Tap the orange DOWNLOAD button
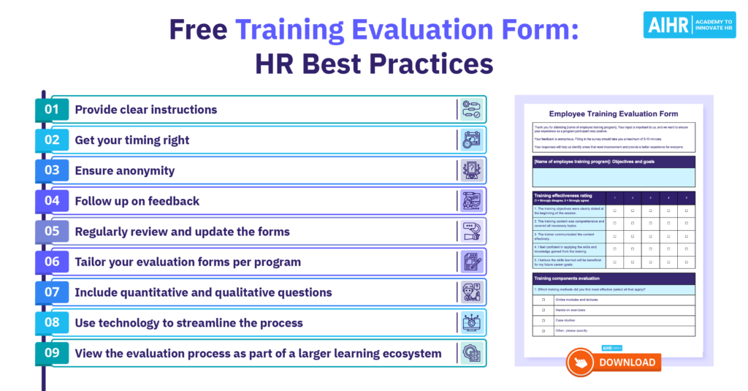click(614, 362)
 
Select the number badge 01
click(51, 110)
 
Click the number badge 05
click(51, 232)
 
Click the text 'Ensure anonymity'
click(125, 171)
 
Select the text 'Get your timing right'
click(132, 140)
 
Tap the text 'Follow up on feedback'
click(137, 201)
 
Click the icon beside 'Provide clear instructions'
click(471, 110)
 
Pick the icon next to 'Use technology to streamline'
click(471, 323)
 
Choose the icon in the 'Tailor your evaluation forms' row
click(471, 262)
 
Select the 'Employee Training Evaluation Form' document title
click(614, 114)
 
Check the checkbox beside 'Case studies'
click(543, 320)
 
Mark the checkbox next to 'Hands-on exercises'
click(543, 310)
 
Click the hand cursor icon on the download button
click(579, 362)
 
